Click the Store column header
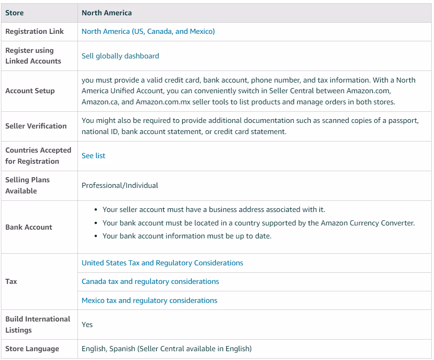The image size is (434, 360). (x=14, y=13)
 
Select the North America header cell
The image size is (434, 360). (x=107, y=13)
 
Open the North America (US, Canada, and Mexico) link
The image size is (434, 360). (x=148, y=32)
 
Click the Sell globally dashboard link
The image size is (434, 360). (x=120, y=56)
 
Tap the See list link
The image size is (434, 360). (x=93, y=156)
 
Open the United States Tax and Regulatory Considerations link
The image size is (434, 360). (x=162, y=263)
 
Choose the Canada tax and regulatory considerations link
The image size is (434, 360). (x=150, y=282)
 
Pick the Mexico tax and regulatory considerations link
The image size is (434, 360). (x=149, y=301)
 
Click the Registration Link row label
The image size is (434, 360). (x=35, y=32)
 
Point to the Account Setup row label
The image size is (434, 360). (x=30, y=91)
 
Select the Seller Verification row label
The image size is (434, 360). (x=36, y=126)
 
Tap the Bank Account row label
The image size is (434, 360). (x=29, y=227)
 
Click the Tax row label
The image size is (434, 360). (x=11, y=282)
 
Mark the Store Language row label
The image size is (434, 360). (x=32, y=349)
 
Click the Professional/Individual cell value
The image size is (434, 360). (x=120, y=186)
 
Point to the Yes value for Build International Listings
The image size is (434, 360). (x=87, y=325)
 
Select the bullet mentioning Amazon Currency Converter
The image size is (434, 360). (x=258, y=223)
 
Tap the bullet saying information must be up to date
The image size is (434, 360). (x=187, y=236)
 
